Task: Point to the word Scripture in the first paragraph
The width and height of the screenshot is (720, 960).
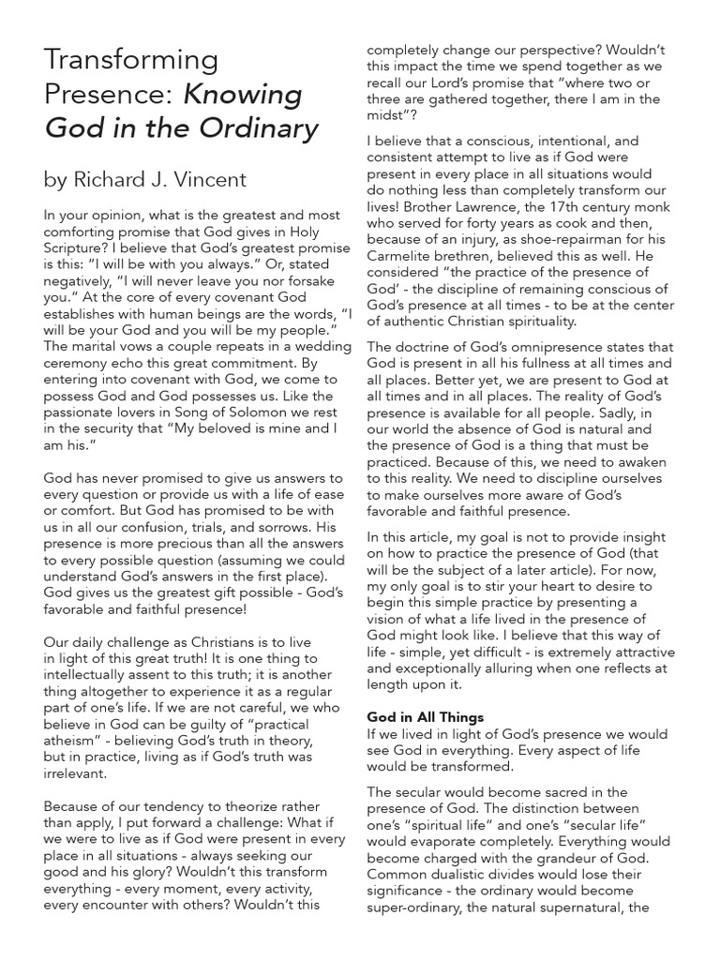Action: click(78, 248)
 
